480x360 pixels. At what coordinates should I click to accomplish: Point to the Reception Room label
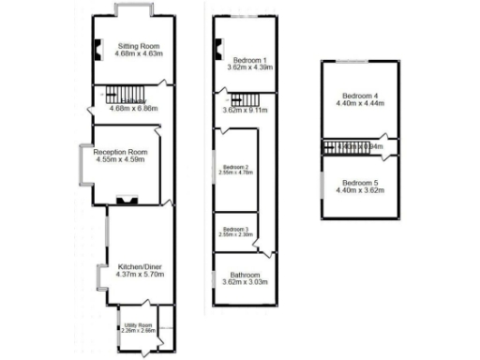click(122, 152)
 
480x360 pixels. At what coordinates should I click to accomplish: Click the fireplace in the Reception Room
click(126, 199)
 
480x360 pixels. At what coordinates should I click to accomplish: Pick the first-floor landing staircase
click(247, 97)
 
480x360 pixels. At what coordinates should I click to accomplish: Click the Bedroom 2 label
click(236, 167)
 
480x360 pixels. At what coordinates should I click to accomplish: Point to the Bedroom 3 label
click(236, 229)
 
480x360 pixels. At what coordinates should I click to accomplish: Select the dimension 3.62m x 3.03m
click(244, 281)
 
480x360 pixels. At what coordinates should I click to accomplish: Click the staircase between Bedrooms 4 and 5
click(339, 146)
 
